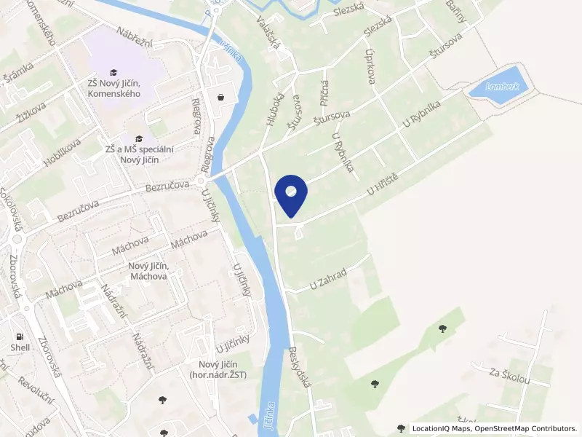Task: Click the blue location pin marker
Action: [x=291, y=193]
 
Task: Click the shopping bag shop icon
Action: [x=220, y=96]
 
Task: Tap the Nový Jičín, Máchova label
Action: [x=148, y=271]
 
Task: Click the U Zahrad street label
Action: [x=328, y=277]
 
